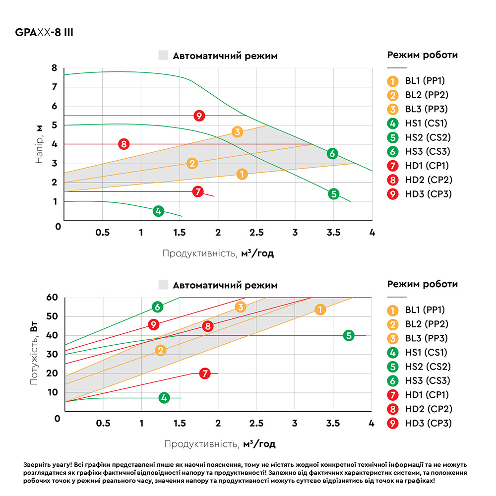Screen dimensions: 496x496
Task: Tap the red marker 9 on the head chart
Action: pyautogui.click(x=199, y=116)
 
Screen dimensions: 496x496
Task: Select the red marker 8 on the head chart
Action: pyautogui.click(x=124, y=144)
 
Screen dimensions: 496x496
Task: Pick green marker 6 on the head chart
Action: pyautogui.click(x=332, y=154)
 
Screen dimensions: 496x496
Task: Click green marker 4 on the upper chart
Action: pyautogui.click(x=158, y=211)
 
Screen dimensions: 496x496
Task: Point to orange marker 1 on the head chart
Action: pyautogui.click(x=242, y=174)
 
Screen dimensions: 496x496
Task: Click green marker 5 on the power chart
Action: pyautogui.click(x=349, y=335)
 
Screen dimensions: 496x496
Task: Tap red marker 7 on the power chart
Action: pyautogui.click(x=205, y=373)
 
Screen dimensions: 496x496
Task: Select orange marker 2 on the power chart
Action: pyautogui.click(x=160, y=351)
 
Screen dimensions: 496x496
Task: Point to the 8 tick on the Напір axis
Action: pyautogui.click(x=55, y=68)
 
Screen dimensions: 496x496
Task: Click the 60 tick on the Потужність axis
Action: pyautogui.click(x=53, y=297)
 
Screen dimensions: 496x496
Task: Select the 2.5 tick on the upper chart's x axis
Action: pyautogui.click(x=256, y=232)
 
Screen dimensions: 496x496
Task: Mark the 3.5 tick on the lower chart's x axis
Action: pyautogui.click(x=333, y=423)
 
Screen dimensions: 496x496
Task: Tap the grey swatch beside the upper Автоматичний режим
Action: pyautogui.click(x=164, y=56)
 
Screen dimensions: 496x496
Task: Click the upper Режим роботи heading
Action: pyautogui.click(x=422, y=55)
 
